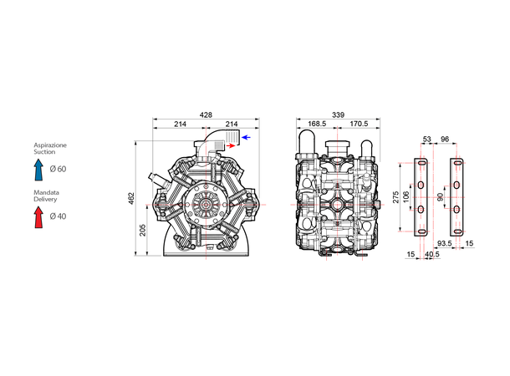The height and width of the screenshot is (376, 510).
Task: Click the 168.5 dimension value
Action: click(317, 124)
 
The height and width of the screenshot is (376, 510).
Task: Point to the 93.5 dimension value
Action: click(446, 245)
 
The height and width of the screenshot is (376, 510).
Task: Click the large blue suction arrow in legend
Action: click(38, 170)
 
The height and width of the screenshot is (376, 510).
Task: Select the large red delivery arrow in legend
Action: click(38, 217)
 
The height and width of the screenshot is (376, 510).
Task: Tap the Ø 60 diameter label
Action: click(58, 170)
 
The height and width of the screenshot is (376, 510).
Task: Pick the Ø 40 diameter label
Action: click(58, 217)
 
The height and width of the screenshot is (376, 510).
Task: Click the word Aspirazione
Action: click(49, 145)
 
